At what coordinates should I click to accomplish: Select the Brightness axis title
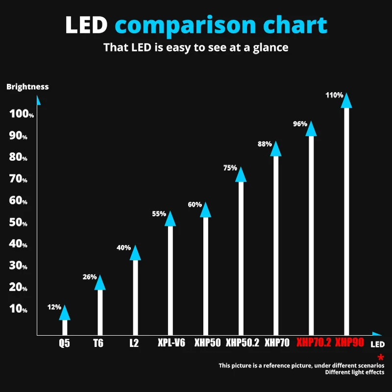(27, 87)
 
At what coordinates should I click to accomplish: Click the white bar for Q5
(65, 327)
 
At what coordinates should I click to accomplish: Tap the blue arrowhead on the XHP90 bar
(346, 100)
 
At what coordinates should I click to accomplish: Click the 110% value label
(334, 95)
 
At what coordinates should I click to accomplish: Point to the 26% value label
(90, 277)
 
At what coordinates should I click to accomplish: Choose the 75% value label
(230, 168)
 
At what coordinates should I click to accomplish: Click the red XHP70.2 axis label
(314, 343)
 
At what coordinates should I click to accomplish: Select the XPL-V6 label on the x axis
(171, 343)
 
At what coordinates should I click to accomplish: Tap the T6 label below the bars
(98, 343)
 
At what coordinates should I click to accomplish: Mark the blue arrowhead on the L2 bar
(135, 253)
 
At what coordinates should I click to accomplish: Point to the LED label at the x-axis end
(377, 344)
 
